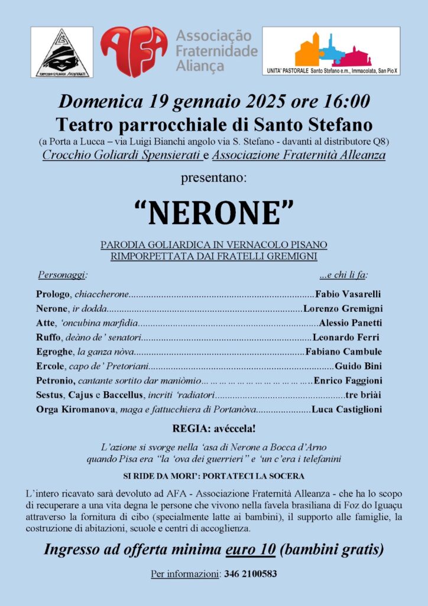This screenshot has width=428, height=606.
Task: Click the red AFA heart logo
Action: pyautogui.click(x=134, y=51)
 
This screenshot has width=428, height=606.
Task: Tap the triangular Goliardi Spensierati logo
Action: pyautogui.click(x=61, y=53)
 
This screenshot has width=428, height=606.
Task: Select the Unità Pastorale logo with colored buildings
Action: pyautogui.click(x=331, y=51)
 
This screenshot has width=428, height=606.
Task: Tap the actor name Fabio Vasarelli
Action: pyautogui.click(x=348, y=294)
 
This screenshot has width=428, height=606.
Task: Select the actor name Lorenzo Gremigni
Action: pyautogui.click(x=343, y=308)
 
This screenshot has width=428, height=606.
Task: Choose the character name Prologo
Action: pyautogui.click(x=52, y=294)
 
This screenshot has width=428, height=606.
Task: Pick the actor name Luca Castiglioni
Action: pyautogui.click(x=346, y=409)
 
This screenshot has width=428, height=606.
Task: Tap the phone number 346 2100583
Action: pyautogui.click(x=251, y=574)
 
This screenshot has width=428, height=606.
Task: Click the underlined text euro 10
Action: pyautogui.click(x=251, y=549)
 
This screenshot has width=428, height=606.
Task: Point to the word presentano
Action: pyautogui.click(x=214, y=176)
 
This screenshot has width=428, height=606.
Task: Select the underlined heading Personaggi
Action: pyautogui.click(x=63, y=275)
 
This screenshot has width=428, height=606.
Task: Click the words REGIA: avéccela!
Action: pyautogui.click(x=214, y=428)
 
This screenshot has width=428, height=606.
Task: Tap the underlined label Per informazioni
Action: pyautogui.click(x=185, y=574)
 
